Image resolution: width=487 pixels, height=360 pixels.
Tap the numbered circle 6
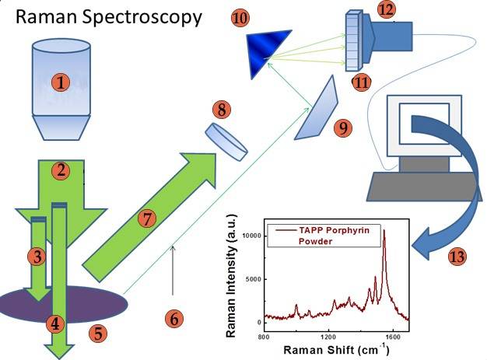pos(174,317)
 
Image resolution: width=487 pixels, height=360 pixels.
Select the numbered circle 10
pos(240,17)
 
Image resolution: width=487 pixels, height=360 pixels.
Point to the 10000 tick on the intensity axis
pos(249,234)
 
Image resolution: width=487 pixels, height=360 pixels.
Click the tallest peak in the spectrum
pos(384,232)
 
